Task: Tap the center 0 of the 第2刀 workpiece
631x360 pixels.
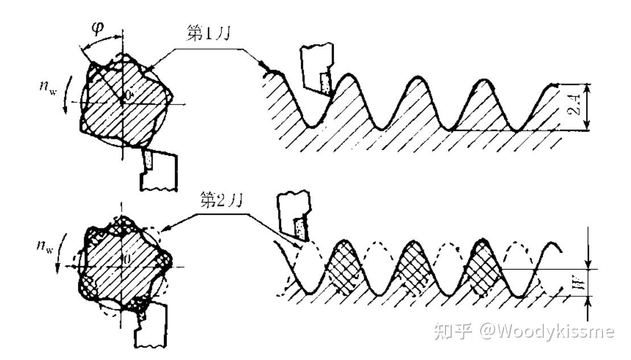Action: tap(128, 259)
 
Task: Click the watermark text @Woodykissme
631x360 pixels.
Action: tap(546, 331)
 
